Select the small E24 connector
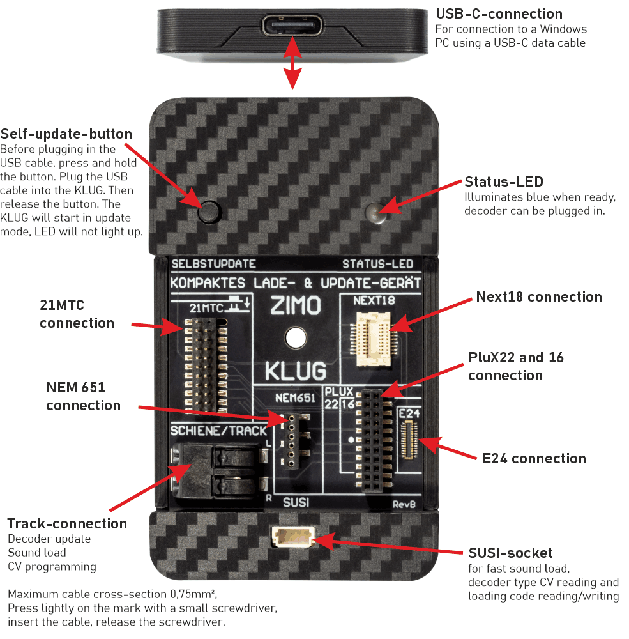pyautogui.click(x=409, y=440)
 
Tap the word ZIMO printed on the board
pyautogui.click(x=295, y=306)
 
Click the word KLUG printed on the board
pyautogui.click(x=295, y=370)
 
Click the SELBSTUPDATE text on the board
pyautogui.click(x=213, y=263)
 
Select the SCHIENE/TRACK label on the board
pyautogui.click(x=218, y=431)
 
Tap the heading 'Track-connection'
pyautogui.click(x=67, y=524)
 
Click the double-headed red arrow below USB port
pyautogui.click(x=292, y=63)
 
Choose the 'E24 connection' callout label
pyautogui.click(x=534, y=458)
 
